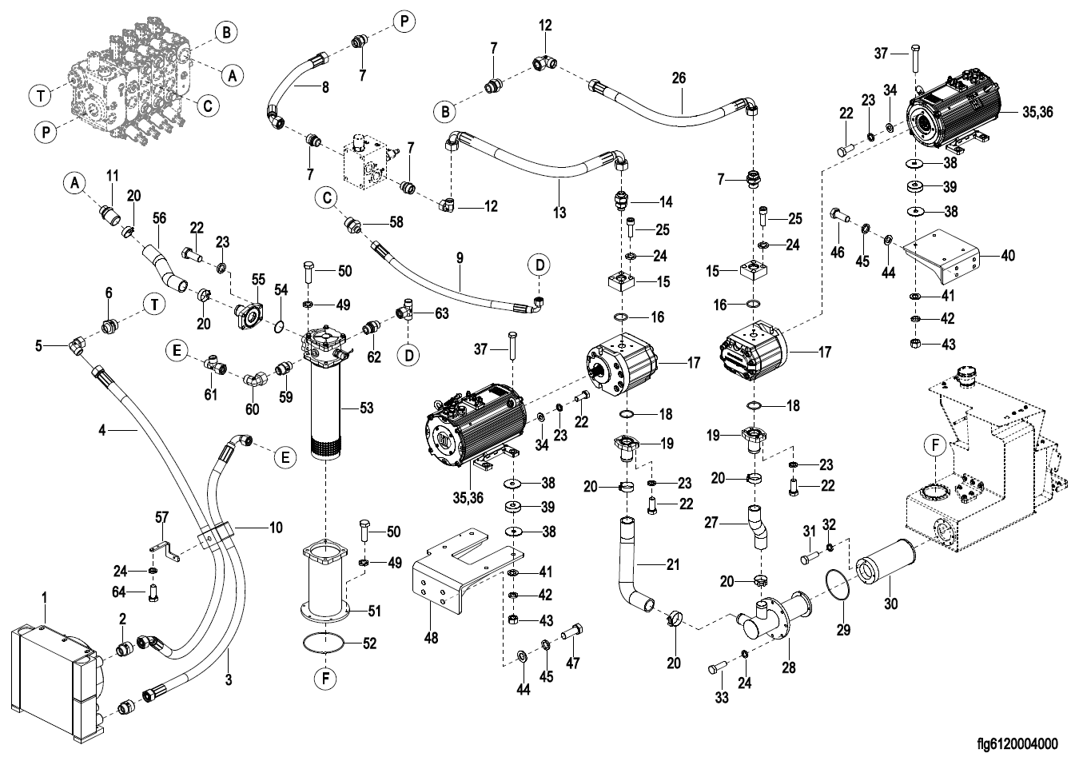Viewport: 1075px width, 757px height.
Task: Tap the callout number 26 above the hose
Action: pyautogui.click(x=679, y=78)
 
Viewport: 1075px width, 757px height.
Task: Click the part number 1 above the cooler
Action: pyautogui.click(x=45, y=597)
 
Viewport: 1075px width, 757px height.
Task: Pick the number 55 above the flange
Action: pyautogui.click(x=258, y=280)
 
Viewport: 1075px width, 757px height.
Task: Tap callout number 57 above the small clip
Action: pyautogui.click(x=162, y=519)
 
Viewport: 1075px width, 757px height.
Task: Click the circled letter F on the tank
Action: pyautogui.click(x=935, y=444)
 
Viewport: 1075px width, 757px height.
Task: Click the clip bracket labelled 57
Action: pyautogui.click(x=165, y=551)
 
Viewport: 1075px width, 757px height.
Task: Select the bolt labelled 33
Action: pyautogui.click(x=715, y=667)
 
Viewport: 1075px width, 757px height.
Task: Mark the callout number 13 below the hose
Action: pyautogui.click(x=559, y=213)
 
